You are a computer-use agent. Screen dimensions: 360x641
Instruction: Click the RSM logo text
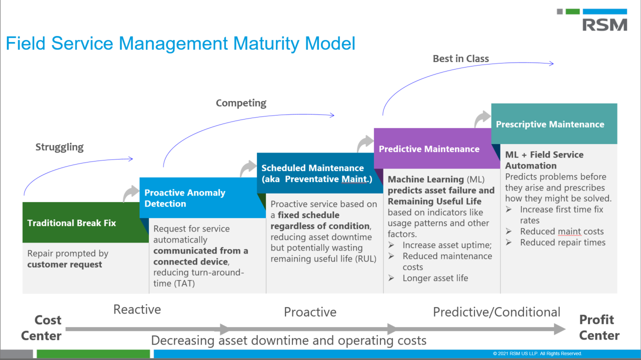(x=604, y=24)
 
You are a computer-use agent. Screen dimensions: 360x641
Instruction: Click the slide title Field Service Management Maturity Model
(x=180, y=43)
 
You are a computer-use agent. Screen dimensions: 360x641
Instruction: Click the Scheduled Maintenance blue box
(x=312, y=173)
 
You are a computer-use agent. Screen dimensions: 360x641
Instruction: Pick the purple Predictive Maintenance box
(x=429, y=149)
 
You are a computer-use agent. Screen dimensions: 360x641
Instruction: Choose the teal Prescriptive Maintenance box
(x=550, y=124)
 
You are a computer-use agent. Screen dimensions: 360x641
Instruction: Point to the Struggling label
(x=59, y=147)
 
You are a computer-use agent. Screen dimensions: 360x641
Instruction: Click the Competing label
(x=241, y=103)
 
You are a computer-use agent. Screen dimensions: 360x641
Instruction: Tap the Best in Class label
(x=460, y=58)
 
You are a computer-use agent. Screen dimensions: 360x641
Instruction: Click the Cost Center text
(x=41, y=327)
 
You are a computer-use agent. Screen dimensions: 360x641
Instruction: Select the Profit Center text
(x=599, y=327)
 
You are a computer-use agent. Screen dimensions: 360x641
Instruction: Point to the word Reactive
(x=137, y=309)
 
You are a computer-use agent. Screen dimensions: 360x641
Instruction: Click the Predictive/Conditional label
(x=496, y=312)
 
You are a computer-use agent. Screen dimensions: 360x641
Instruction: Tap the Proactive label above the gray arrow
(x=310, y=312)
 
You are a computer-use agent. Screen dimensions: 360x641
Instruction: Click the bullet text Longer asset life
(x=435, y=278)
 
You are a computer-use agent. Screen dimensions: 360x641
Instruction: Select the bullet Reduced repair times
(x=562, y=242)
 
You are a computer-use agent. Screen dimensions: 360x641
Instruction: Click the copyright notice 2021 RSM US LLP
(x=537, y=353)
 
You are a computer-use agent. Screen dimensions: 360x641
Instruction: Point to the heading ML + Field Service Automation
(x=544, y=160)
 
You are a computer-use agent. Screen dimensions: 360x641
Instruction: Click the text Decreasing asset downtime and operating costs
(x=288, y=340)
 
